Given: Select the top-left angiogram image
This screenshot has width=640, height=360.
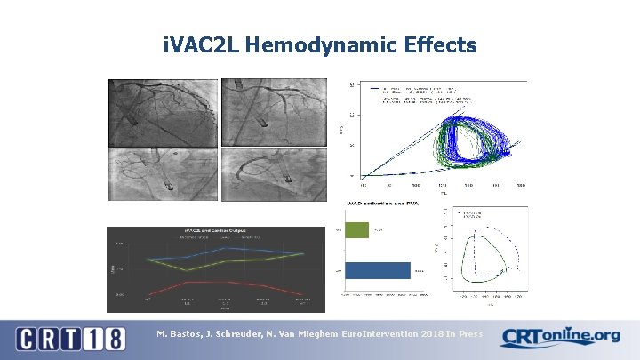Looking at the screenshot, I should pos(163,112).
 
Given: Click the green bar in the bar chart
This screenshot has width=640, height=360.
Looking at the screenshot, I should pos(356,230).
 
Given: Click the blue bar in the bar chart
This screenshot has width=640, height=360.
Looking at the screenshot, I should pos(378,270).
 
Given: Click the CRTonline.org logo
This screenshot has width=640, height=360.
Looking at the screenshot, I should pos(560,337).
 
